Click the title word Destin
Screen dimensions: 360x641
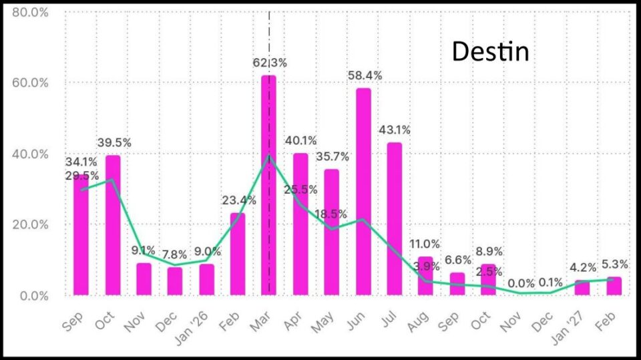490,51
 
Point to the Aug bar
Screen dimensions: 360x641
425,276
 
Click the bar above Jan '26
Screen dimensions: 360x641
207,279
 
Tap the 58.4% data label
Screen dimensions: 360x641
365,76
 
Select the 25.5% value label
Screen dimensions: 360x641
300,190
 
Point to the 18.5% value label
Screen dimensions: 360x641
332,214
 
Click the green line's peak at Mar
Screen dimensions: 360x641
268,156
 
